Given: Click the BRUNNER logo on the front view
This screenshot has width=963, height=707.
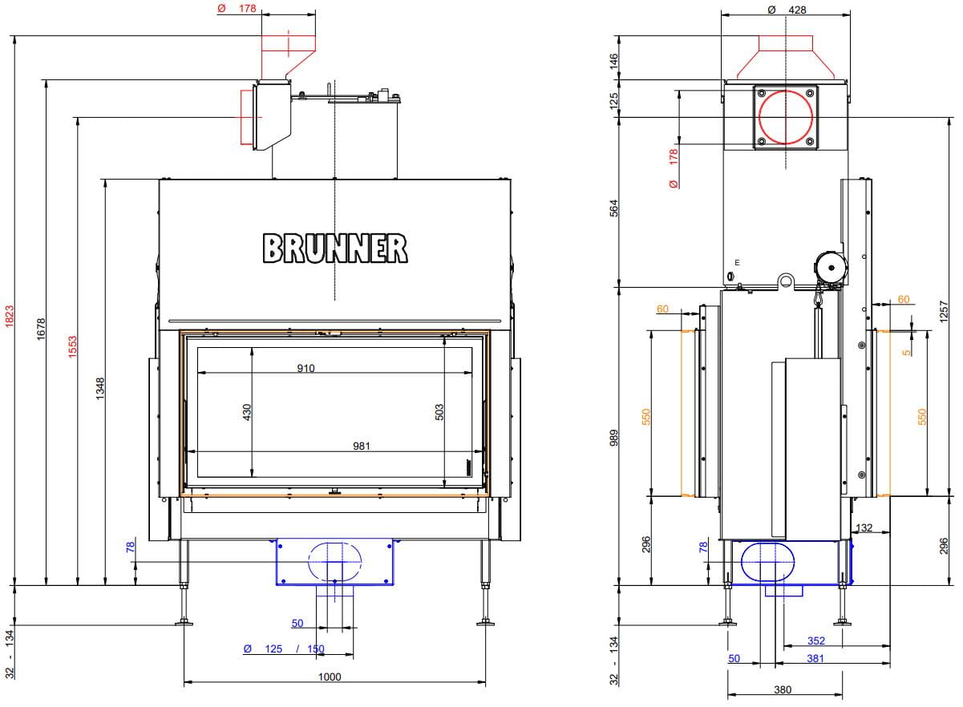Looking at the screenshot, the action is pyautogui.click(x=335, y=248).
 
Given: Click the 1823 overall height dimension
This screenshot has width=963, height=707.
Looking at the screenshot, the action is pyautogui.click(x=10, y=316).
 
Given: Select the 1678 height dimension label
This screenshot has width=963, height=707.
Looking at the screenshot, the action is pyautogui.click(x=41, y=329).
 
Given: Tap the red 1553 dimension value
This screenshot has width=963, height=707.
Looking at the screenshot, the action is pyautogui.click(x=72, y=347).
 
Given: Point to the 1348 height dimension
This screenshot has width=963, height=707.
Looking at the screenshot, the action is pyautogui.click(x=99, y=389).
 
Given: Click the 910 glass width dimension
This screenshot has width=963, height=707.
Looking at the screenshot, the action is pyautogui.click(x=305, y=368).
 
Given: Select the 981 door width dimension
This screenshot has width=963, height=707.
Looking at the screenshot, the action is pyautogui.click(x=361, y=446).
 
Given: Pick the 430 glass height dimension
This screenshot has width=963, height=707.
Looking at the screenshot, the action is pyautogui.click(x=246, y=412).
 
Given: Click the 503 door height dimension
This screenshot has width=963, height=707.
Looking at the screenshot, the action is pyautogui.click(x=439, y=412).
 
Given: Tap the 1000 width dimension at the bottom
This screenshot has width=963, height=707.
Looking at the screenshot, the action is pyautogui.click(x=330, y=677).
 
